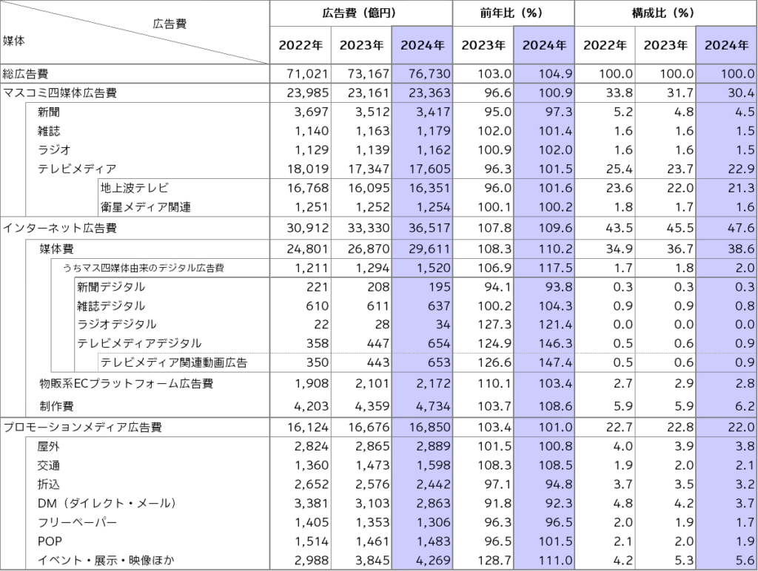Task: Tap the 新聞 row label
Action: (50, 111)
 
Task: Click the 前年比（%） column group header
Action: (513, 13)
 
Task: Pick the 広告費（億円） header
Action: (360, 13)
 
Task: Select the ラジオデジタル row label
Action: (116, 324)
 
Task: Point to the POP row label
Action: (50, 541)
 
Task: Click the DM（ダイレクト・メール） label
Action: (107, 503)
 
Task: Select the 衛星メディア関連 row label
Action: (146, 207)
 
